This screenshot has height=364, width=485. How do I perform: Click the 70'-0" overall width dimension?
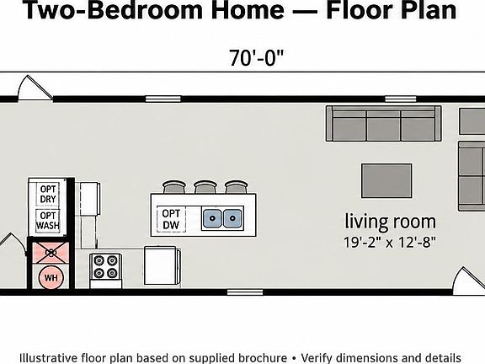pos(256,57)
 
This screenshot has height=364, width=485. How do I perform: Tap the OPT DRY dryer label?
pos(48,194)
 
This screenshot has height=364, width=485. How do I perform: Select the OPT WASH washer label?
pos(48,221)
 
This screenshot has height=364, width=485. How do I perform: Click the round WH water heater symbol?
pos(51,278)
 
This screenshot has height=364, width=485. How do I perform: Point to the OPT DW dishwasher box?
pos(171,219)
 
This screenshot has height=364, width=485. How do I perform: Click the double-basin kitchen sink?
pos(222,218)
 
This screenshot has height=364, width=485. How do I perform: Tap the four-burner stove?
pos(105,270)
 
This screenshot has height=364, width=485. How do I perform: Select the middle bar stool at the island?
pos(205,187)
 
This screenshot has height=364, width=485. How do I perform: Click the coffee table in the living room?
pos(386,181)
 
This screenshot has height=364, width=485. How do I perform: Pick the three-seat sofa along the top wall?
pos(384,124)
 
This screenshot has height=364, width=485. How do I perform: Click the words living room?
pos(391,222)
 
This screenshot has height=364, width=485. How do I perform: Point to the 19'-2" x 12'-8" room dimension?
pos(390,242)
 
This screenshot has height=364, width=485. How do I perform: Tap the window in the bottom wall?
pos(245,292)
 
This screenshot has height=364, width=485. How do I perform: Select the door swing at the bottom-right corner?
pos(469,281)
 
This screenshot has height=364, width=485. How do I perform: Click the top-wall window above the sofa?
pos(401,99)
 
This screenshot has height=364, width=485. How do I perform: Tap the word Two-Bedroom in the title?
pos(113,10)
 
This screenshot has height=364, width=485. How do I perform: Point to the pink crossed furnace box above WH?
pos(51,253)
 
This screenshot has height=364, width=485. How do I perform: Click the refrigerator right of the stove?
pos(162,265)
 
